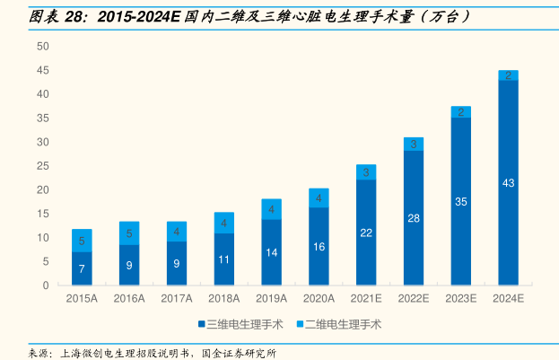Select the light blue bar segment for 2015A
click(x=82, y=241)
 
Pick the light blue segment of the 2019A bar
click(x=271, y=209)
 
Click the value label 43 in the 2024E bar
click(x=509, y=183)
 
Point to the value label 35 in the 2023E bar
click(x=461, y=202)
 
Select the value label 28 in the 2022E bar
click(x=414, y=218)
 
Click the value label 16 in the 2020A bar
click(x=319, y=246)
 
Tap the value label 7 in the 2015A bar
click(x=82, y=268)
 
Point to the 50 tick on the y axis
click(x=43, y=46)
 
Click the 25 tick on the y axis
click(x=43, y=166)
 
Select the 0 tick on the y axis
click(x=46, y=285)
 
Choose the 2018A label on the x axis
click(x=223, y=299)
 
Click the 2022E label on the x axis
click(x=414, y=299)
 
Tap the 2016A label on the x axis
click(x=128, y=299)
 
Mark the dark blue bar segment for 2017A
click(x=176, y=263)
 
